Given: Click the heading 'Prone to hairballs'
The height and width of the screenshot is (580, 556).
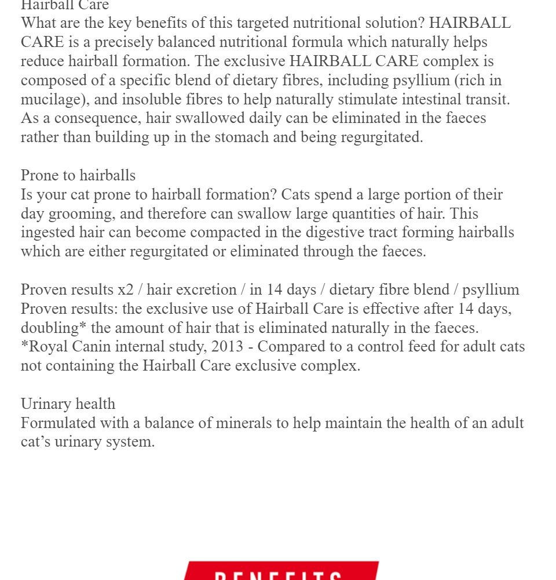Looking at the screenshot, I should pos(78,175).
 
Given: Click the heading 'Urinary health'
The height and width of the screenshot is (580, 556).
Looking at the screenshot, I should pos(68,404).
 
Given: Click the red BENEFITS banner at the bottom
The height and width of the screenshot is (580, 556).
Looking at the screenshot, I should pos(281,571).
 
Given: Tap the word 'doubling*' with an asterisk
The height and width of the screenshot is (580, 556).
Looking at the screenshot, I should pos(54,328).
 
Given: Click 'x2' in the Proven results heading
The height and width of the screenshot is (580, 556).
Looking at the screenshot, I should pos(125,289).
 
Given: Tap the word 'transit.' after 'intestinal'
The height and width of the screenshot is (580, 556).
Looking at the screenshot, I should pos(488,99).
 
